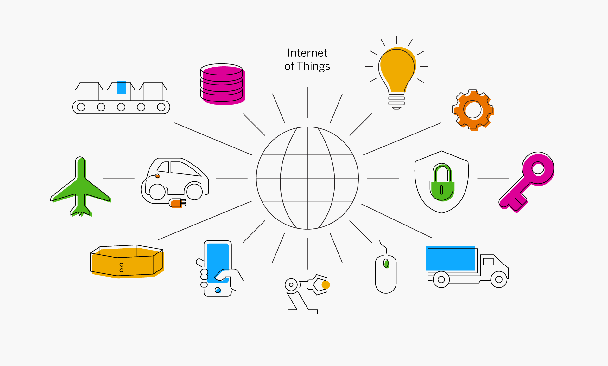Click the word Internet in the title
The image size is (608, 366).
tap(307, 53)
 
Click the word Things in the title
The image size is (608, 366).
tap(314, 67)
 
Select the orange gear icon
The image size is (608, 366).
tap(473, 110)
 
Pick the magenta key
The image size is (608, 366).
tap(527, 182)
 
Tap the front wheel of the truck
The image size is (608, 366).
tap(499, 279)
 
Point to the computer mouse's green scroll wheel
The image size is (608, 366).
tap(386, 263)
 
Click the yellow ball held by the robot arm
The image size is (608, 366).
tap(326, 285)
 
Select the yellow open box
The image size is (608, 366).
tap(127, 261)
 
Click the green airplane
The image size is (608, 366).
tap(81, 187)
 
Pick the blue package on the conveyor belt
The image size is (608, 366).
tap(121, 87)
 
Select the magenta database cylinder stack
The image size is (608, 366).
tap(223, 84)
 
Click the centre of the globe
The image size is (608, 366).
tap(307, 178)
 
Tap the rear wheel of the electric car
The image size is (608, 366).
tap(157, 192)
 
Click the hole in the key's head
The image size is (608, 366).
tap(538, 168)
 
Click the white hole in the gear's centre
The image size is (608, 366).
tap(473, 109)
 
